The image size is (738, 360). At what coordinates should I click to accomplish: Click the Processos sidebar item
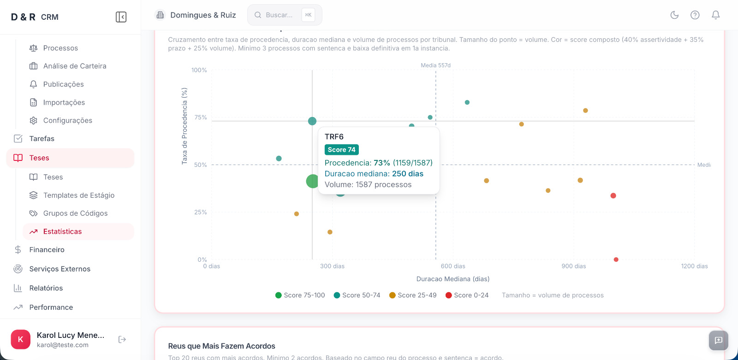(60, 48)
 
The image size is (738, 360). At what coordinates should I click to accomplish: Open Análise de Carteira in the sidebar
(74, 66)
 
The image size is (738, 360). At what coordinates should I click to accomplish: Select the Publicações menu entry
(63, 84)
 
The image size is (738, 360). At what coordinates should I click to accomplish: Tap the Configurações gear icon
(34, 120)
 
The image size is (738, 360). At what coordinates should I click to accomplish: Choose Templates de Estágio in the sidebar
(78, 195)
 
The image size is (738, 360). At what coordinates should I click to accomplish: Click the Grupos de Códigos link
(75, 213)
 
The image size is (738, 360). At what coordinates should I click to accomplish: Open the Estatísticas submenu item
(62, 231)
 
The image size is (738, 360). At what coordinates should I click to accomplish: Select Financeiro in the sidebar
(47, 250)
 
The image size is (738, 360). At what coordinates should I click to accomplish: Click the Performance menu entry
(51, 307)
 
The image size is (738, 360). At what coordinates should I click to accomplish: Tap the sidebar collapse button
(121, 17)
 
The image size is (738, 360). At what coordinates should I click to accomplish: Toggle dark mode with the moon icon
(674, 15)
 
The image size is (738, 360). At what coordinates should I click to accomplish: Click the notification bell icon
(715, 15)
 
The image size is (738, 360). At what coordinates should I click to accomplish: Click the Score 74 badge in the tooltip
(341, 150)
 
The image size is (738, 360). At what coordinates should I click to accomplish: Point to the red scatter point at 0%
(616, 260)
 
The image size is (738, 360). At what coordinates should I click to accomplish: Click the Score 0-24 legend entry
(467, 295)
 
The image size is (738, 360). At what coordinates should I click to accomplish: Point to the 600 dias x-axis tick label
(453, 266)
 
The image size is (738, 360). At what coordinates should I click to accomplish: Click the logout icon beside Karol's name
(122, 340)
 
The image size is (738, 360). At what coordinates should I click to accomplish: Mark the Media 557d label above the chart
(435, 65)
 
